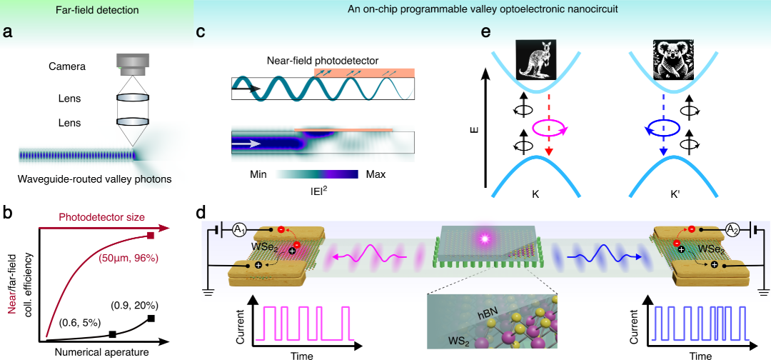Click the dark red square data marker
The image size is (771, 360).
pos(151,236)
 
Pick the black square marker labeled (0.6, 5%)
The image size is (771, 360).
pos(112,334)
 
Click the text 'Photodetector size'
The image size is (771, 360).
pos(103,217)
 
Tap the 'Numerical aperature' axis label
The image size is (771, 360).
pos(102,352)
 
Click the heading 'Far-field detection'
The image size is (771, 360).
pos(96,9)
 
